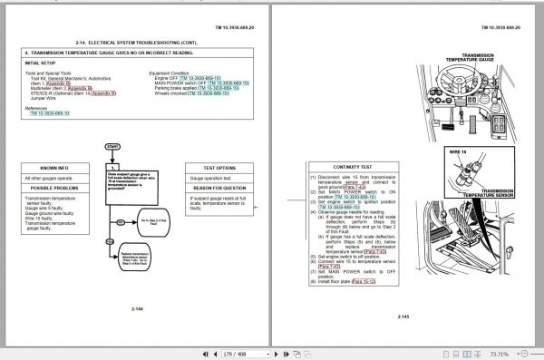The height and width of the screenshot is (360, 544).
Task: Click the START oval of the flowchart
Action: [x=112, y=145]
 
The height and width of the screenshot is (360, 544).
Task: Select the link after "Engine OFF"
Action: [x=201, y=79]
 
